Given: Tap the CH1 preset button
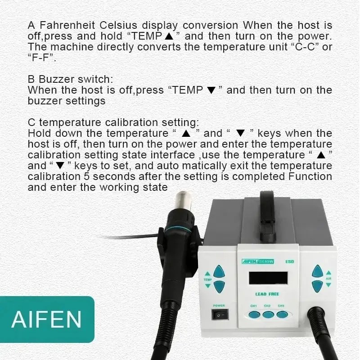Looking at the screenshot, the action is click(254, 315).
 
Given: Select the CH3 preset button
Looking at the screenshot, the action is click(282, 315).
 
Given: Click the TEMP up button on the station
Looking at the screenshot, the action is click(219, 271).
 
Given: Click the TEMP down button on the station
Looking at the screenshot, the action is click(219, 287).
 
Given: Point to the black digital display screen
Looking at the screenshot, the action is click(268, 278).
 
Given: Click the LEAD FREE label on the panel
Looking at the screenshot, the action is click(267, 294).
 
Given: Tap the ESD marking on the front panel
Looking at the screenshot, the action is click(289, 261).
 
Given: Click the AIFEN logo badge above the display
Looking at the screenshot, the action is click(258, 261).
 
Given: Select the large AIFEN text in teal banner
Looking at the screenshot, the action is click(47, 319).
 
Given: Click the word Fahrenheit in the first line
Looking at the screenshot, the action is click(67, 25).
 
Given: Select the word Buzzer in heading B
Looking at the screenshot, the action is click(57, 79).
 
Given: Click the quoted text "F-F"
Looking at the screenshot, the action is click(41, 58).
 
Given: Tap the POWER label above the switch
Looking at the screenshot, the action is click(219, 306).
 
